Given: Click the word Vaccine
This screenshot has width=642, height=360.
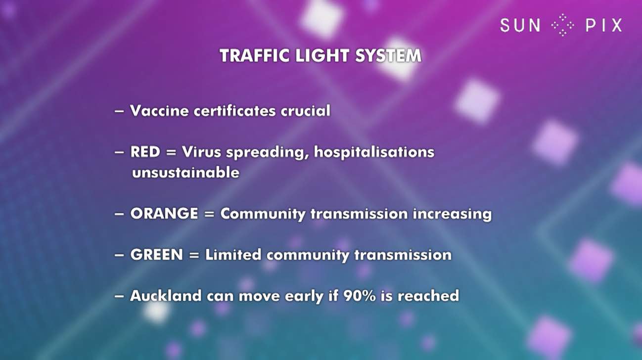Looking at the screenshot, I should point(159,111).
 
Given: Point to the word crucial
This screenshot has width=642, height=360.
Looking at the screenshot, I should point(305,111).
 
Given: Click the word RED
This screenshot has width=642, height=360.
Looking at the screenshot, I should point(145,152).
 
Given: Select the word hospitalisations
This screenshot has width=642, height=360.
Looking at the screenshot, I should point(374,152).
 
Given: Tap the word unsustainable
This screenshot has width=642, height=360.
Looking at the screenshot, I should point(185,173).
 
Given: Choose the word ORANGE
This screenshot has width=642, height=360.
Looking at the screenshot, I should point(164,214).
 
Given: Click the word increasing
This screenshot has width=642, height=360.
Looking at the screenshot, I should point(452,214).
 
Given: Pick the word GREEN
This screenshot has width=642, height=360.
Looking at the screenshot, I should point(156,255).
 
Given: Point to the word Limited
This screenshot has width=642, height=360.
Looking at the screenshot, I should point(233,255).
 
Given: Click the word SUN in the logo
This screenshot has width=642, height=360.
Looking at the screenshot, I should point(520,25).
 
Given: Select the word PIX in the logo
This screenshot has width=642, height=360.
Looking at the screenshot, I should point(604,25).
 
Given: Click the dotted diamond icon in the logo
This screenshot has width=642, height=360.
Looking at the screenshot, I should point(563,25).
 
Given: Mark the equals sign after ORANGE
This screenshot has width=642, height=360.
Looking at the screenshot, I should point(209,214).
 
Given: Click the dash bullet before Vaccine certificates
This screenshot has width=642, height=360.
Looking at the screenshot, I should point(119,111).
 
